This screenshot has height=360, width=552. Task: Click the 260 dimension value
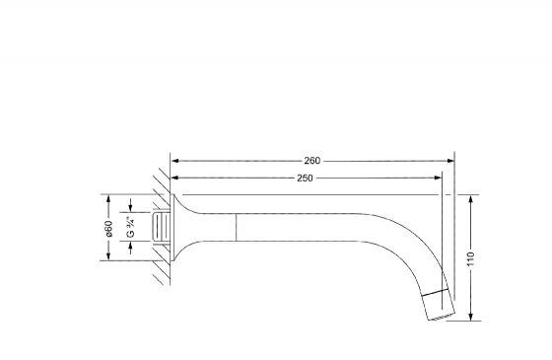312,161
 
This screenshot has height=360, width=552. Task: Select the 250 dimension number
305,179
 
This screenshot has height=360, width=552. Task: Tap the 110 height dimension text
471,259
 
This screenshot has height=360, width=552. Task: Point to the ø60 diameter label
108,229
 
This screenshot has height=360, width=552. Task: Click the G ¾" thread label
130,227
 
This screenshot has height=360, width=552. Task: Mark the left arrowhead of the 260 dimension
175,161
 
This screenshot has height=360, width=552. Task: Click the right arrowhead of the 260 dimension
449,161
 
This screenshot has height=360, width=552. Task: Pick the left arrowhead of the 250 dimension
175,178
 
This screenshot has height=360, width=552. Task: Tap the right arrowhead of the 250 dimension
438,178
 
